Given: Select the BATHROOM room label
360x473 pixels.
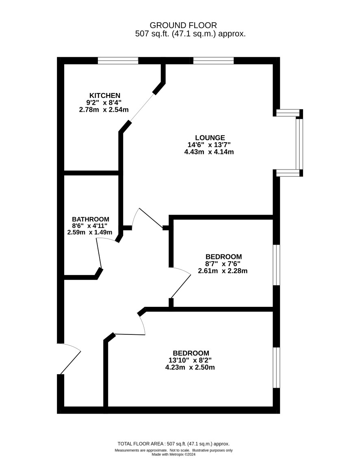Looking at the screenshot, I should (x=90, y=219).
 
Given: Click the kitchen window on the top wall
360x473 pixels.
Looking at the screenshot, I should (x=118, y=61).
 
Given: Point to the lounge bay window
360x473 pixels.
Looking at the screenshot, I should (x=299, y=143).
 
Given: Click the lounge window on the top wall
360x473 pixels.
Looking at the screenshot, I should (x=213, y=61).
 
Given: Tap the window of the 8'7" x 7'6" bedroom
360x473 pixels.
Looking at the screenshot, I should (x=276, y=265).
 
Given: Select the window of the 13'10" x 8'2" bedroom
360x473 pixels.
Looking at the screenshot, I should (x=276, y=367).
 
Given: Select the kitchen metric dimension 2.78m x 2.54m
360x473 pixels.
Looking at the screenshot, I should (x=104, y=110).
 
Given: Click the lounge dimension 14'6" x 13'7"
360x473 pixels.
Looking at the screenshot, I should (x=209, y=145).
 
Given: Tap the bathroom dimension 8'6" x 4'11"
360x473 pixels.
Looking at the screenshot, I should (x=89, y=226).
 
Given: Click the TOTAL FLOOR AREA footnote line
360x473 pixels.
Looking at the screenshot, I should (x=176, y=444).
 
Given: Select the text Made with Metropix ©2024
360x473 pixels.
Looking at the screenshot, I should (x=173, y=455).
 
